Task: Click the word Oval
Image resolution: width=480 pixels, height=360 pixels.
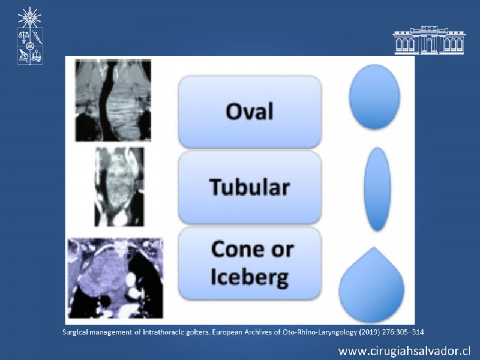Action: [x=250, y=111]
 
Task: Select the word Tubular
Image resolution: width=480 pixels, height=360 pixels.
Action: [x=250, y=187]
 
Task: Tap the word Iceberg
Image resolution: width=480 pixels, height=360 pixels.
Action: [x=250, y=278]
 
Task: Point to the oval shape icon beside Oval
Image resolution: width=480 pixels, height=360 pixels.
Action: [x=374, y=97]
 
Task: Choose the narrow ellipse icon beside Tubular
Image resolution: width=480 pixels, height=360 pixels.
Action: [x=377, y=189]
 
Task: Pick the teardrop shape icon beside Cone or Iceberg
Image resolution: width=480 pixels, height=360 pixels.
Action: [x=371, y=284]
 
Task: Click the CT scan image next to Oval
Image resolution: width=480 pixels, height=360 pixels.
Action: [x=113, y=100]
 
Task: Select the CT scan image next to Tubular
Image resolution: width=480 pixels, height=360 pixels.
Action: [x=119, y=187]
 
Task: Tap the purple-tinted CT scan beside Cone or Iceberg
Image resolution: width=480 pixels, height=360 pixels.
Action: [x=115, y=278]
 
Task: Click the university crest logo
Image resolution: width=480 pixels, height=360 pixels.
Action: [x=29, y=36]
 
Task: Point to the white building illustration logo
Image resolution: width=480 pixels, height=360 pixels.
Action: [x=429, y=40]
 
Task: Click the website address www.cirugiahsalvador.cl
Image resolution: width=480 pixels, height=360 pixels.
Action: [x=404, y=351]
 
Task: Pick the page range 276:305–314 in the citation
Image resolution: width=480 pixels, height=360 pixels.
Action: [x=403, y=332]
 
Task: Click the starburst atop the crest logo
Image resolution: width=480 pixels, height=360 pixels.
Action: [x=29, y=17]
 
